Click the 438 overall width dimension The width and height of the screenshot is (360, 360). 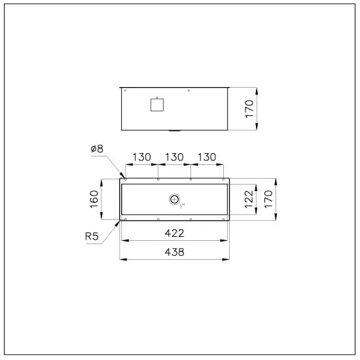click(x=175, y=251)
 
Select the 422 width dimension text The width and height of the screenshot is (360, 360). click(x=175, y=233)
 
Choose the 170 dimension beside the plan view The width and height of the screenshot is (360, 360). click(x=269, y=199)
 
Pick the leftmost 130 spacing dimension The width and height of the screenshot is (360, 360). click(x=142, y=158)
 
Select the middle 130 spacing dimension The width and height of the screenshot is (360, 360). click(x=174, y=158)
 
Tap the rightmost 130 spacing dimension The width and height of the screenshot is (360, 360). click(x=206, y=158)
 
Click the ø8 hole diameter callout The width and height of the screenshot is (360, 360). click(x=98, y=149)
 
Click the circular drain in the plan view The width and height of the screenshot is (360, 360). click(x=174, y=199)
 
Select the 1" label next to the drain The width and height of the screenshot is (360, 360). click(x=184, y=206)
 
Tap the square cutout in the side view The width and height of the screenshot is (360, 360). click(x=156, y=104)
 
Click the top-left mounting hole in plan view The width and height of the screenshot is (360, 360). click(x=126, y=179)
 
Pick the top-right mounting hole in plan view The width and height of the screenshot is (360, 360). click(x=223, y=179)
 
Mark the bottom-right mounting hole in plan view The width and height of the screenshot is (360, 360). click(x=223, y=219)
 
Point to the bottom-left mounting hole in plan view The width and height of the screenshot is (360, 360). click(x=126, y=219)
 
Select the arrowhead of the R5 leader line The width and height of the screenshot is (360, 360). click(x=121, y=221)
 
